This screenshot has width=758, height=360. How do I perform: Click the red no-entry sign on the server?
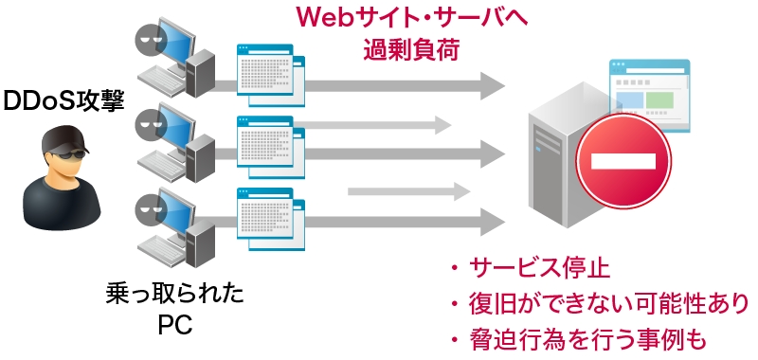623,161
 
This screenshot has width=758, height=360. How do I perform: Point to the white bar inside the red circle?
623,162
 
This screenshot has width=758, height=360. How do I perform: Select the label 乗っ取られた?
176,294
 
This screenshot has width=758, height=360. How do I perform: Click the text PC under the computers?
175,325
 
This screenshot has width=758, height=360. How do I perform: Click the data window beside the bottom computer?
269,219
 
